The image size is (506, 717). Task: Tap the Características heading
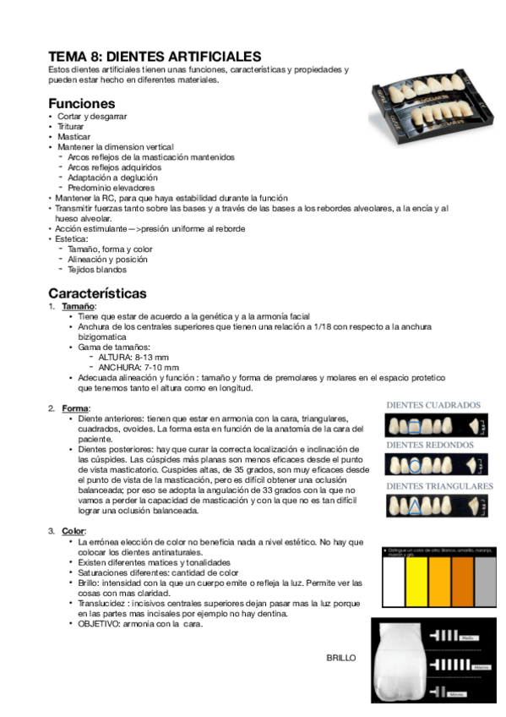pyautogui.click(x=97, y=293)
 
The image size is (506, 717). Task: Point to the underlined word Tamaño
pyautogui.click(x=79, y=306)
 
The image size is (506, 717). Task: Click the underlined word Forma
pyautogui.click(x=75, y=408)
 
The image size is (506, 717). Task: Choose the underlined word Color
pyautogui.click(x=73, y=530)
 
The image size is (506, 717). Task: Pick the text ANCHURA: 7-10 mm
pyautogui.click(x=139, y=368)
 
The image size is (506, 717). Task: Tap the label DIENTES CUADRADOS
pyautogui.click(x=433, y=405)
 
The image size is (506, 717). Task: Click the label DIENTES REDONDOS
pyautogui.click(x=430, y=445)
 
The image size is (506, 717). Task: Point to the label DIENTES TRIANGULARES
pyautogui.click(x=439, y=486)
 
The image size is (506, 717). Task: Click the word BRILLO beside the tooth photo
pyautogui.click(x=341, y=658)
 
